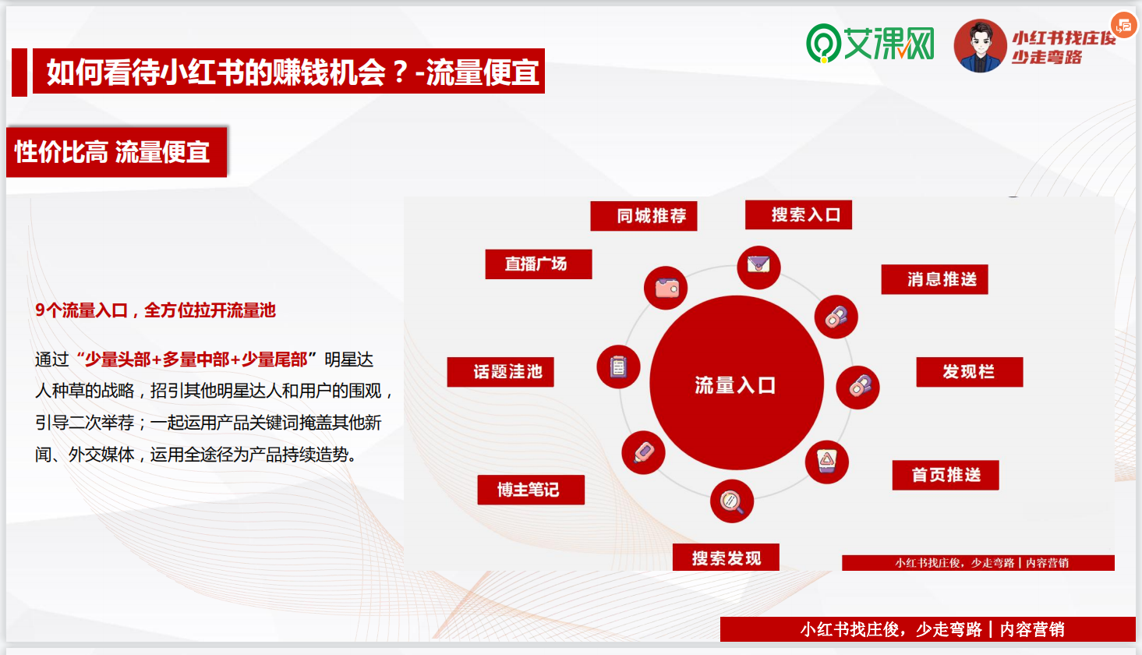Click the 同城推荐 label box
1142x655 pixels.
pos(643,216)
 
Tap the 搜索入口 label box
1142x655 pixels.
pos(798,214)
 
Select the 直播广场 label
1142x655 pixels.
pos(539,264)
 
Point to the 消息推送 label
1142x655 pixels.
pos(935,280)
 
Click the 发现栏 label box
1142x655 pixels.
pos(970,372)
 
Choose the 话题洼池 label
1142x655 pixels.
pos(500,372)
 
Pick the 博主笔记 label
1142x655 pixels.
pos(531,490)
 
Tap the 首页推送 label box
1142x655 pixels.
pos(946,475)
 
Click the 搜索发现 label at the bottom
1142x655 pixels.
pos(726,558)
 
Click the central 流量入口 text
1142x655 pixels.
pos(735,385)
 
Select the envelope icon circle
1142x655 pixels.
pos(758,267)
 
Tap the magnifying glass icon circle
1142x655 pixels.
pos(732,501)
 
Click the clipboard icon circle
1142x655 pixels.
pos(618,366)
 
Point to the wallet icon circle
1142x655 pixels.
pos(665,288)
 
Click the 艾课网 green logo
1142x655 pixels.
pos(870,44)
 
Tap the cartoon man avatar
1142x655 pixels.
pos(980,46)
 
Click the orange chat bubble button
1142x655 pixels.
pos(1123,25)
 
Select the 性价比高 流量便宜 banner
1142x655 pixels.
pos(116,152)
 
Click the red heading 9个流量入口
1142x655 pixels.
pos(155,310)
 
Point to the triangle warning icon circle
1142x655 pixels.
pos(826,462)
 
